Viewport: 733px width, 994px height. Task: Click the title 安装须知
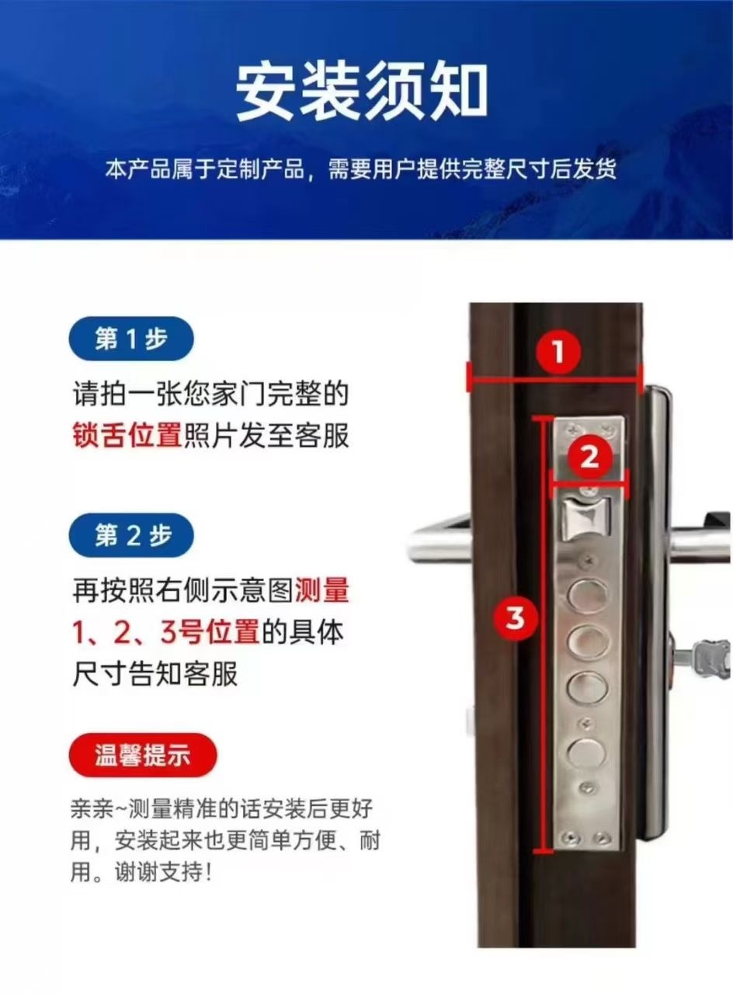(x=362, y=92)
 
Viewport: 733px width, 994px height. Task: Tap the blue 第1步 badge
(x=131, y=339)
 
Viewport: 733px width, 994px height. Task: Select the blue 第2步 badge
(x=131, y=535)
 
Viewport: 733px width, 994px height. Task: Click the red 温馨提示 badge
(x=142, y=755)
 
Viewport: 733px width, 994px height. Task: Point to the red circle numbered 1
(x=558, y=353)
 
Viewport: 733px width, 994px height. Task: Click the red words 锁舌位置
(x=128, y=436)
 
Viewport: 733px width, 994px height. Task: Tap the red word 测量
(x=322, y=589)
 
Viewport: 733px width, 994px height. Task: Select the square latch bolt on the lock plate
(x=585, y=518)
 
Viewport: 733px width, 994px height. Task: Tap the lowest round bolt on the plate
(x=586, y=754)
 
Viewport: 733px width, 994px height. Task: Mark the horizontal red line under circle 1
(x=554, y=380)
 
